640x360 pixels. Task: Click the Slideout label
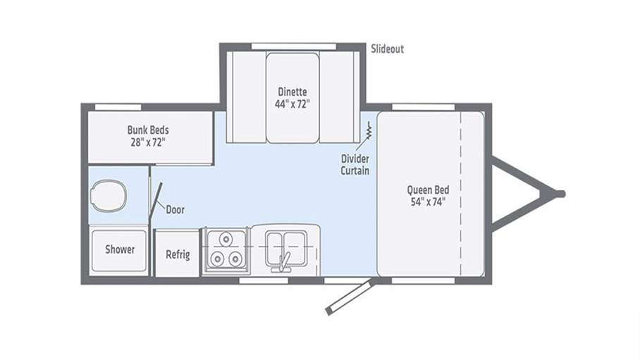387,49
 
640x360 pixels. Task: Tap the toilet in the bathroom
108,196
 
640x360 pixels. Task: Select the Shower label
120,249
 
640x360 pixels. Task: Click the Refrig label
178,255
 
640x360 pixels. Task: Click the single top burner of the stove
226,239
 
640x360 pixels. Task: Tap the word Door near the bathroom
175,210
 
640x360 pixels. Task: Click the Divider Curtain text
355,165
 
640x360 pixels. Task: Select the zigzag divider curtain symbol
369,130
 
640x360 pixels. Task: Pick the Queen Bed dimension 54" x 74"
428,201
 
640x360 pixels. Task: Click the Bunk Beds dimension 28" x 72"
148,142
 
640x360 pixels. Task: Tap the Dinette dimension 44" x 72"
293,104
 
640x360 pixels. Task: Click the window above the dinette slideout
294,46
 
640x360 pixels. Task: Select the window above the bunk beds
118,107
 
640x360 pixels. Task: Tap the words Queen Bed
428,190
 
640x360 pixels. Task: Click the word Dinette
293,92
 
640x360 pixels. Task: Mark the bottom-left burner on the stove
218,259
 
